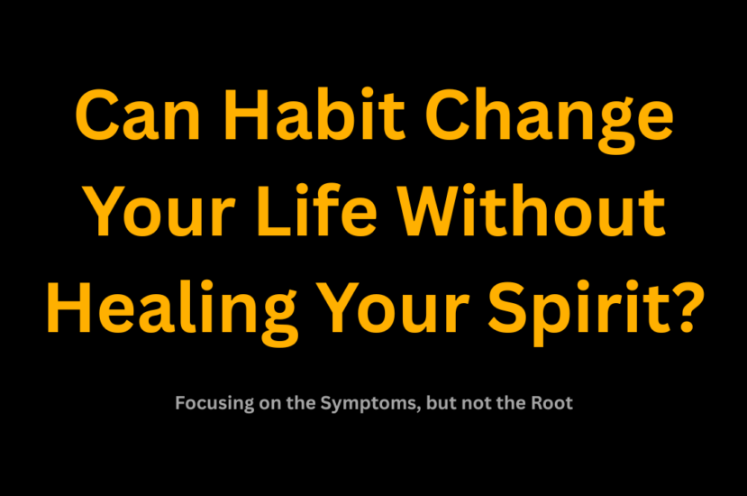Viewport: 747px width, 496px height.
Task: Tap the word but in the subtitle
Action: (x=436, y=403)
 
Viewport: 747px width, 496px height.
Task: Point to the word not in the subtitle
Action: (x=478, y=403)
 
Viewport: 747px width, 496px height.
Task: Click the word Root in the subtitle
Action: (x=551, y=403)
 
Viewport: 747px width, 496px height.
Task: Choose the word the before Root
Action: (x=511, y=403)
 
